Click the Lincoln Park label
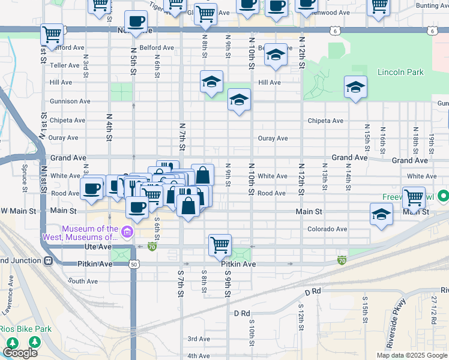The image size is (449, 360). point(400,73)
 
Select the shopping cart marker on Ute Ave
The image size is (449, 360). point(220,244)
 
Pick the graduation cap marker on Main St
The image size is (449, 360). point(381,214)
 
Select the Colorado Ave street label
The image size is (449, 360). point(327,229)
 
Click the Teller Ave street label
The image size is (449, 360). point(65,65)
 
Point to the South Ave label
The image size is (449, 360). point(83,281)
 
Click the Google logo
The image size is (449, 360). point(20,353)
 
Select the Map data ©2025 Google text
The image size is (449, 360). point(411,355)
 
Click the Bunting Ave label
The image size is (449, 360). point(432,5)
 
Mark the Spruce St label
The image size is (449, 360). point(25,175)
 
